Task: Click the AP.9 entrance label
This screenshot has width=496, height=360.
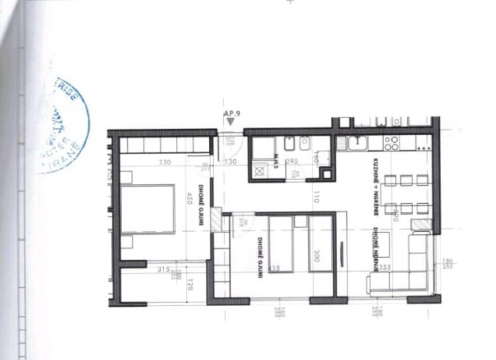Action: [232, 114]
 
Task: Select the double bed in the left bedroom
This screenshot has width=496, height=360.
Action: [147, 209]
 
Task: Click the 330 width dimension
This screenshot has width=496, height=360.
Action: [165, 162]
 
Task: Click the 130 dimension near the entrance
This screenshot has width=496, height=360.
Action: [231, 162]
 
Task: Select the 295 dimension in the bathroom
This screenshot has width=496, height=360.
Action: [292, 162]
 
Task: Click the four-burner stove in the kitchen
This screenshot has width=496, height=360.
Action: [391, 142]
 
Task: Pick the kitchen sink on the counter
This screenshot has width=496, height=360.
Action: [358, 142]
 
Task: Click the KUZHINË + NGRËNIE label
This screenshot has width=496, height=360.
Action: [375, 187]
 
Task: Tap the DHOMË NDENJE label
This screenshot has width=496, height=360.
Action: [375, 242]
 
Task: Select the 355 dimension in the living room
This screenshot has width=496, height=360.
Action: [385, 267]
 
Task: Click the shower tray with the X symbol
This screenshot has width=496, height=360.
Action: [260, 171]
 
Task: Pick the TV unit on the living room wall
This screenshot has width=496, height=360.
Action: [342, 251]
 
